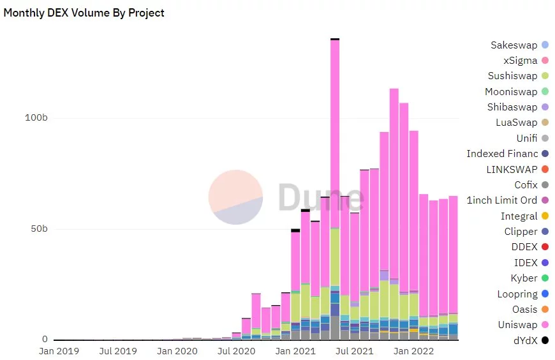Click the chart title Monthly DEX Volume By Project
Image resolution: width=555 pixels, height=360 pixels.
click(x=84, y=13)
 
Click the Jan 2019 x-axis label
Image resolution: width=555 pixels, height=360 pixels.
click(x=59, y=351)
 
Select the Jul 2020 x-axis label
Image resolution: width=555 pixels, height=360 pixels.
click(x=237, y=351)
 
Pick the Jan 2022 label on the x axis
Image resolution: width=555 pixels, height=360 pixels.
click(x=414, y=351)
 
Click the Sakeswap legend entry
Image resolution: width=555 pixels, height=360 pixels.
click(x=514, y=45)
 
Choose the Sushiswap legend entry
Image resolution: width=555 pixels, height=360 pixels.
click(x=512, y=76)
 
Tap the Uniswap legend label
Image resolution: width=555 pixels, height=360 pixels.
click(x=517, y=325)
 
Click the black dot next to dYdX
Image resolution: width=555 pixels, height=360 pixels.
click(x=545, y=340)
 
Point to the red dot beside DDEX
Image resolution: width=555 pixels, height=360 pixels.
click(x=545, y=247)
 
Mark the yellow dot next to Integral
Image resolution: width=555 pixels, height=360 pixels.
click(x=545, y=216)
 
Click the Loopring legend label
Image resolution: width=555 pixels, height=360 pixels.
click(x=517, y=294)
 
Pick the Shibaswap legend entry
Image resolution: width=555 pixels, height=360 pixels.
click(x=512, y=107)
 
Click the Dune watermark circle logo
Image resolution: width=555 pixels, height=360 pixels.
click(x=235, y=197)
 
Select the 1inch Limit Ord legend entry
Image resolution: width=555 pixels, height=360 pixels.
click(x=501, y=200)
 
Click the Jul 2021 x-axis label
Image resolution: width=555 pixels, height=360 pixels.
click(x=355, y=351)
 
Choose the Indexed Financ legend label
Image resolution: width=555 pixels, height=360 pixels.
click(x=502, y=154)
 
